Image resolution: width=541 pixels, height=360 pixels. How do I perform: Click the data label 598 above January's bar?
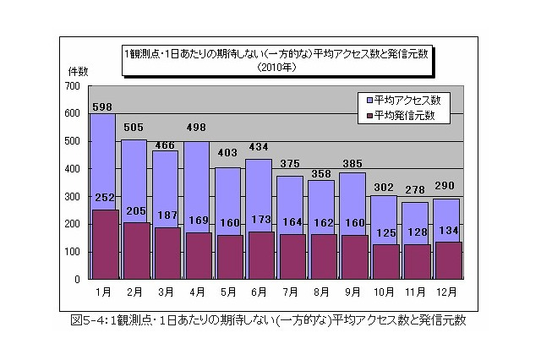pyautogui.click(x=101, y=106)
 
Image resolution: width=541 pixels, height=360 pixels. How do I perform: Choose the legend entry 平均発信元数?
pyautogui.click(x=404, y=115)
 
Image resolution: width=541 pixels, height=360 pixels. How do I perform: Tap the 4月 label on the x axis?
pyautogui.click(x=196, y=292)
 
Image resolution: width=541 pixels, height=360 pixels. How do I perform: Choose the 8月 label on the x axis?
pyautogui.click(x=321, y=292)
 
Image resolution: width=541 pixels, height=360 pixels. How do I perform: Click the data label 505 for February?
pyautogui.click(x=134, y=128)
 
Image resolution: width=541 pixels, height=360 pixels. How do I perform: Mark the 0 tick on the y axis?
pyautogui.click(x=76, y=279)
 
